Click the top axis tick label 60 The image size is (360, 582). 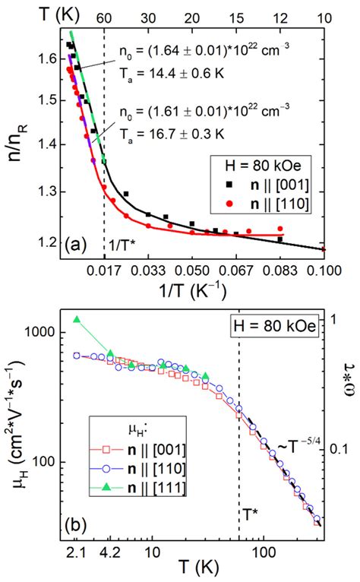click(104, 21)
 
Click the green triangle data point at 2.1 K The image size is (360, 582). click(76, 319)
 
